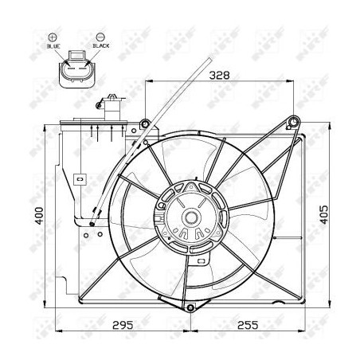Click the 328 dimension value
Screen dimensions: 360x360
tap(220, 76)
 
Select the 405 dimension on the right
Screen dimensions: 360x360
tap(323, 215)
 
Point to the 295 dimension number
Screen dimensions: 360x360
tap(120, 325)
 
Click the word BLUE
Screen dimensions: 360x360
tap(53, 46)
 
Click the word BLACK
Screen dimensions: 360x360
tap(101, 46)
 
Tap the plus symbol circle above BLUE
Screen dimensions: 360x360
tap(53, 37)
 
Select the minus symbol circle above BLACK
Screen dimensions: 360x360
tap(100, 37)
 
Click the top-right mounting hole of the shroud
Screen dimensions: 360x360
tap(293, 122)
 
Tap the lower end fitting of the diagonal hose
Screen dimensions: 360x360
tap(92, 225)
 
